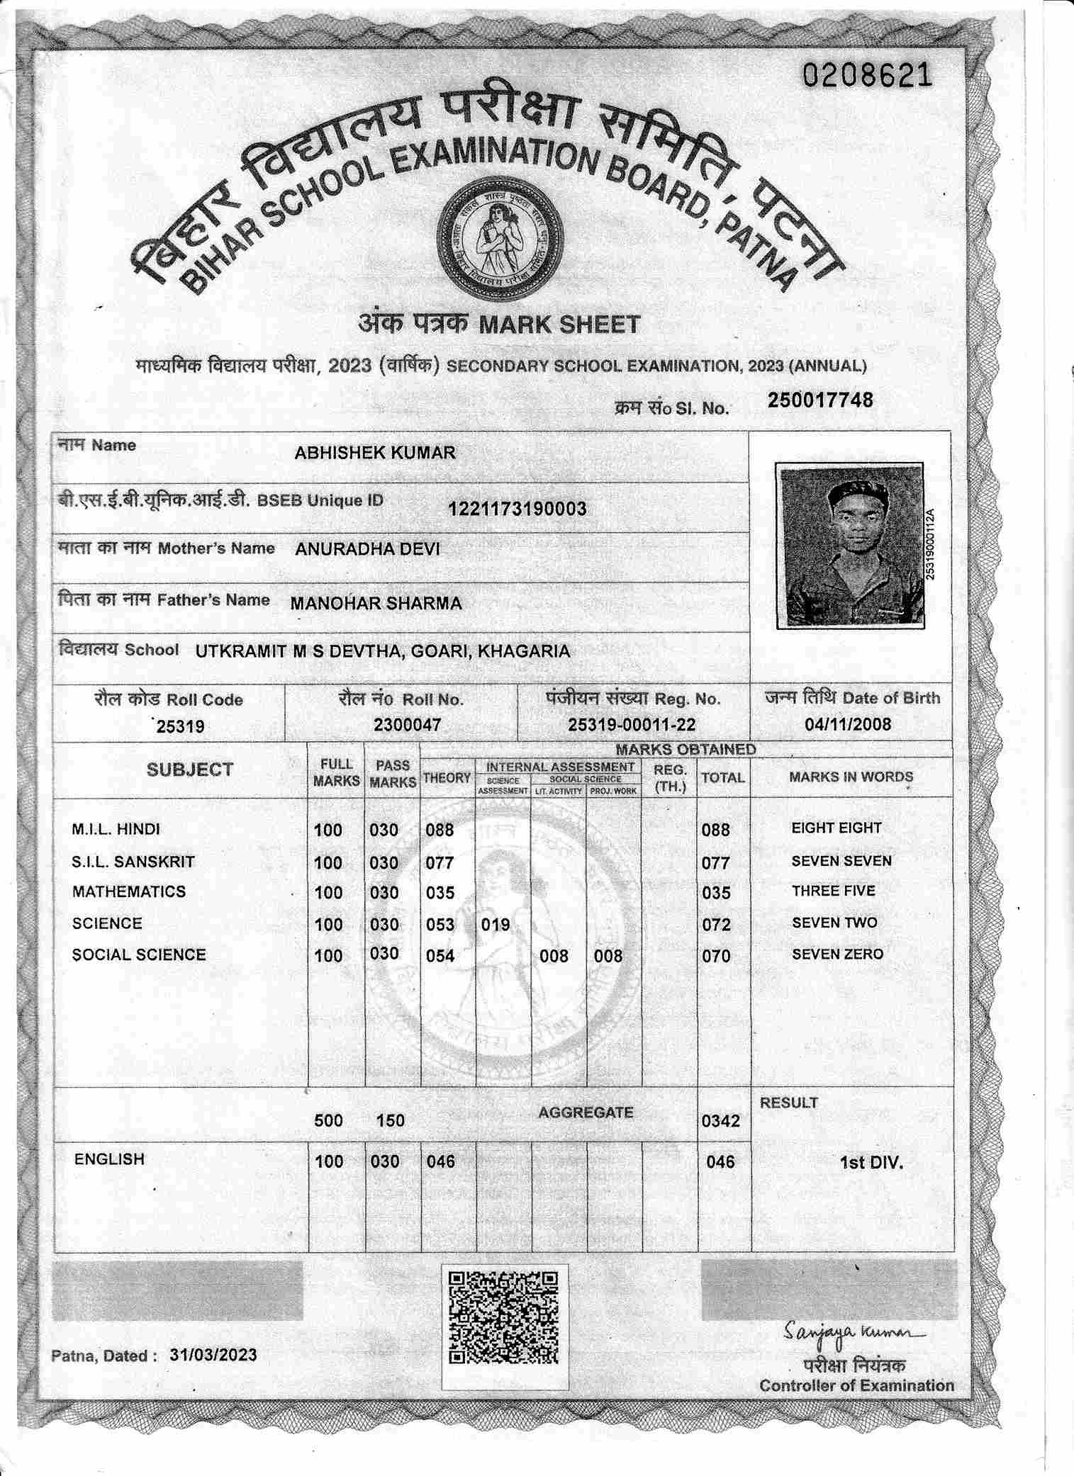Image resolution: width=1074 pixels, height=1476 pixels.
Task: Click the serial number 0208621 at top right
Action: (x=866, y=74)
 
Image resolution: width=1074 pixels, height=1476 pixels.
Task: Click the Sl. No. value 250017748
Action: (x=820, y=400)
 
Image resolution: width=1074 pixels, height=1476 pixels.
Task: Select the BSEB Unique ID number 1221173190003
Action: (x=517, y=509)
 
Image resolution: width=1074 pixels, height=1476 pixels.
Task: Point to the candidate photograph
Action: (x=849, y=545)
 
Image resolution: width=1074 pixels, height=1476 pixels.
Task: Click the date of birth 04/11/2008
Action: (x=848, y=724)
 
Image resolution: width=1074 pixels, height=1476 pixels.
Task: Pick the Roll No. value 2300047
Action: (x=408, y=725)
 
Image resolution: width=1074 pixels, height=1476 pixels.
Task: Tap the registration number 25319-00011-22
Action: (x=632, y=725)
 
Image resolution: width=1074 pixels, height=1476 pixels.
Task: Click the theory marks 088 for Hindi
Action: (x=440, y=830)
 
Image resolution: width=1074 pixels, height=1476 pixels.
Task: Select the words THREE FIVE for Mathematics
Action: (x=834, y=891)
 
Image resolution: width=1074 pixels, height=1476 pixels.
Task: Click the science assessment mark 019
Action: (x=496, y=924)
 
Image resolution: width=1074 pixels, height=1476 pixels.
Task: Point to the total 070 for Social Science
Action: (x=716, y=956)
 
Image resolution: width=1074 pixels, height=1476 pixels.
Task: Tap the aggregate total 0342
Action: (x=720, y=1120)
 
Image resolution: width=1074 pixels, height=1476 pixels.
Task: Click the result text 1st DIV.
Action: (x=871, y=1163)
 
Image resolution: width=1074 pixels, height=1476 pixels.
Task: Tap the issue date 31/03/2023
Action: (x=213, y=1355)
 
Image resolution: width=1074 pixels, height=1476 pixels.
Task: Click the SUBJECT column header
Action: (x=190, y=770)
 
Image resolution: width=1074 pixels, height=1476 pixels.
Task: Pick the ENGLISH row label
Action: (x=109, y=1159)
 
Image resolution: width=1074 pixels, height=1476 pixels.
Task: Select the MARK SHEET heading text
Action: (x=559, y=325)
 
